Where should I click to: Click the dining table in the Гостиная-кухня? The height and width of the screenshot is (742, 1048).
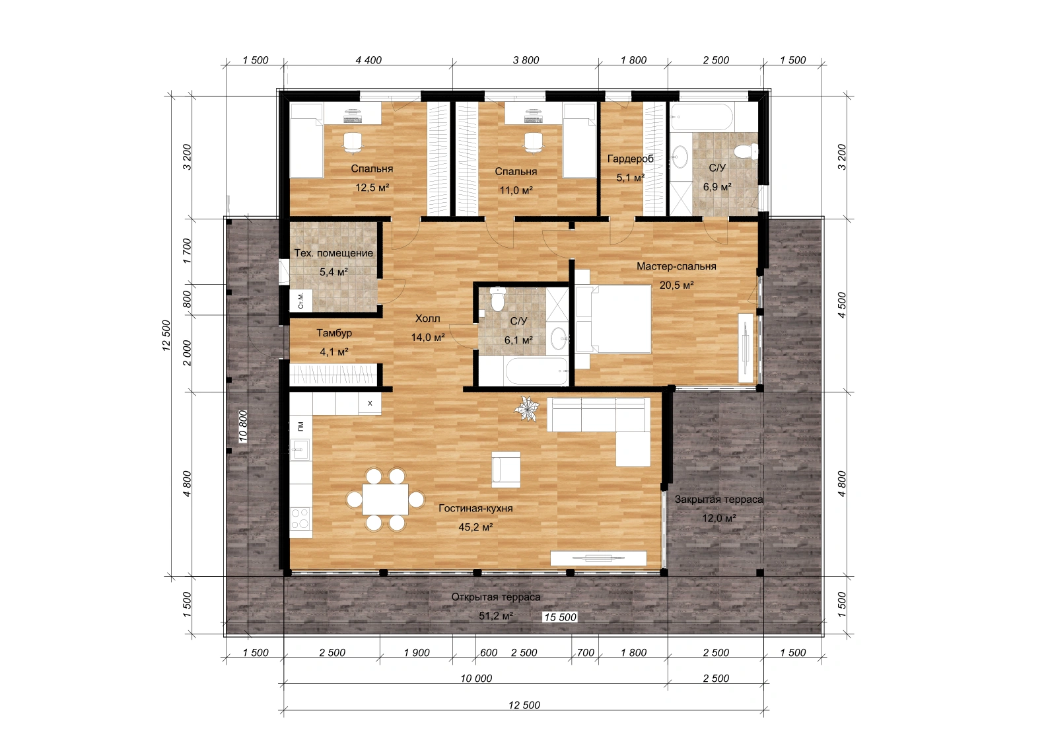coord(384,500)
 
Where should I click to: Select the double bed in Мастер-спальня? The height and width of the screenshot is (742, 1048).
coord(613,319)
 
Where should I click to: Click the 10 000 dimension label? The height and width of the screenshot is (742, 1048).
coord(476,679)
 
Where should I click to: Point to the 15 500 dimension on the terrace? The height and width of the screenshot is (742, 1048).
coord(560,617)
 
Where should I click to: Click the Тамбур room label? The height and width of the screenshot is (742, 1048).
coord(334,333)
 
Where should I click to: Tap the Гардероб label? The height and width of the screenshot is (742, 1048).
coord(630,159)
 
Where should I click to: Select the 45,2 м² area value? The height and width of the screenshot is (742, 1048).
coord(476,527)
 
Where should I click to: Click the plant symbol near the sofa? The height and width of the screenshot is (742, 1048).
coord(526,409)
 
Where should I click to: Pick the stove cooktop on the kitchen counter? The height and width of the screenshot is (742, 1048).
coord(301,518)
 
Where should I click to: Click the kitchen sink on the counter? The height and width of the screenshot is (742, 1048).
coord(300,449)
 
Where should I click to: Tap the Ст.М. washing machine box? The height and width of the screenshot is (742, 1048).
coord(301,300)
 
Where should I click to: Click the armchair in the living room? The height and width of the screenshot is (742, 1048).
coord(506,470)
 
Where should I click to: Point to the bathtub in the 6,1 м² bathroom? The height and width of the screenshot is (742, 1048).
coord(537,372)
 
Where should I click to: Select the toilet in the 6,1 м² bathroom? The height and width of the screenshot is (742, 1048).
coord(497,299)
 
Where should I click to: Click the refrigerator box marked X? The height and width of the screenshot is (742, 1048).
coord(370,403)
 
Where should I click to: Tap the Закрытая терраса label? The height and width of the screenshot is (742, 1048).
coord(718,500)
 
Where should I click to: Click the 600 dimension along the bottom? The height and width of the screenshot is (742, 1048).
coord(489,653)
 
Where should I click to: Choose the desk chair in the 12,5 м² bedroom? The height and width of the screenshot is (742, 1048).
coord(352,143)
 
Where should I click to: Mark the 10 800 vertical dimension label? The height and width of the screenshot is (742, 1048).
coord(242,426)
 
